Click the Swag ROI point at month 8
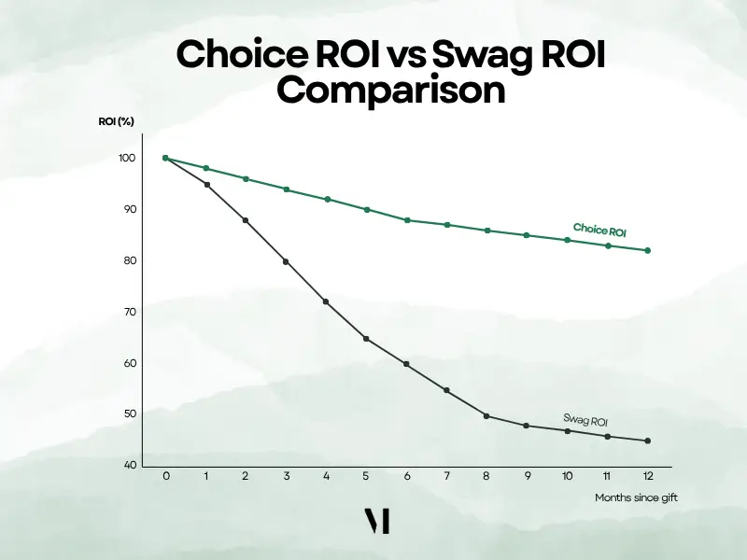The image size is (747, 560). point(486,415)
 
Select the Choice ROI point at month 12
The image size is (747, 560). point(647,250)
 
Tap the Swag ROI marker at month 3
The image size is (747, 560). point(286,261)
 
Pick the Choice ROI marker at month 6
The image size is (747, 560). point(407,220)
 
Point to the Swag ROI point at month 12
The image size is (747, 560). point(647,441)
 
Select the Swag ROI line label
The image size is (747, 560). point(586,420)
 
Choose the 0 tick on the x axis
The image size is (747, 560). point(165,476)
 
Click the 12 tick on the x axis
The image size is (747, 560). point(647,476)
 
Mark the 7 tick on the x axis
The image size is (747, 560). point(446,476)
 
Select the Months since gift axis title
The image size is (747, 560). point(636,498)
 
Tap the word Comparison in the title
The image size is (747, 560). point(391,91)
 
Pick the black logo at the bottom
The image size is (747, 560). point(376,522)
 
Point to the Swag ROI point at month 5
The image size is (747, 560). point(366,338)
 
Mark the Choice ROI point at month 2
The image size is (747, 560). point(246,179)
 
